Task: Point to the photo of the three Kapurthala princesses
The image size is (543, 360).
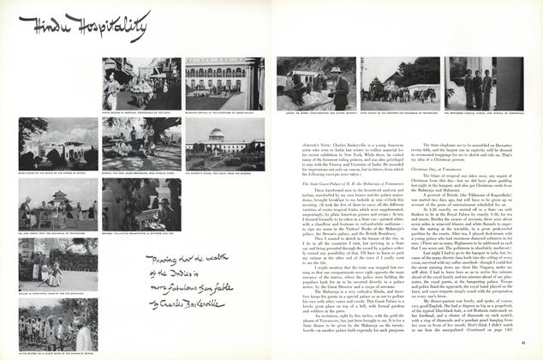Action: [484, 84]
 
